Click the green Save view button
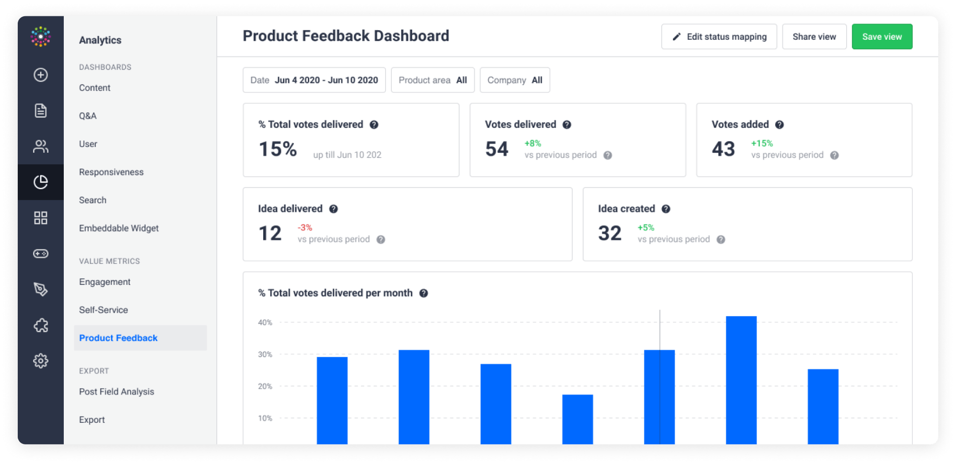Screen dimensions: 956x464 pyautogui.click(x=882, y=36)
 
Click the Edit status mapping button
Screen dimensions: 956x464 pyautogui.click(x=719, y=36)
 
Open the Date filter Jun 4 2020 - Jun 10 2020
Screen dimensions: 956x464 pyautogui.click(x=314, y=80)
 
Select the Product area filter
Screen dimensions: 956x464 pyautogui.click(x=432, y=80)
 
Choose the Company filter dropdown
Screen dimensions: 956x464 pyautogui.click(x=515, y=80)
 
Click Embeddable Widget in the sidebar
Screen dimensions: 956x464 pyautogui.click(x=119, y=228)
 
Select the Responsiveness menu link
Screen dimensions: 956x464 pyautogui.click(x=111, y=172)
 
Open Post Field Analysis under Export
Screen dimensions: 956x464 pyautogui.click(x=117, y=392)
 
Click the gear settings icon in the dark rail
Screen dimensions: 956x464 pyautogui.click(x=41, y=361)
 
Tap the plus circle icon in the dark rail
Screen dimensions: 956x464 pyautogui.click(x=41, y=75)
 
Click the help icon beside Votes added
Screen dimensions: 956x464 pyautogui.click(x=780, y=124)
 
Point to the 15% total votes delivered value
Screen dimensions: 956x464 pyautogui.click(x=278, y=149)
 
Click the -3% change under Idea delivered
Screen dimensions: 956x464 pyautogui.click(x=305, y=227)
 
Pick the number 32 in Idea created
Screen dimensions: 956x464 pyautogui.click(x=610, y=233)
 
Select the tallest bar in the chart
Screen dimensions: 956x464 pyautogui.click(x=741, y=380)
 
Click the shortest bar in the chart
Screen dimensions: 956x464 pyautogui.click(x=578, y=419)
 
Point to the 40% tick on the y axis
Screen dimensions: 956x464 pyautogui.click(x=265, y=323)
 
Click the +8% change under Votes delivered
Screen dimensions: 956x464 pyautogui.click(x=533, y=143)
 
